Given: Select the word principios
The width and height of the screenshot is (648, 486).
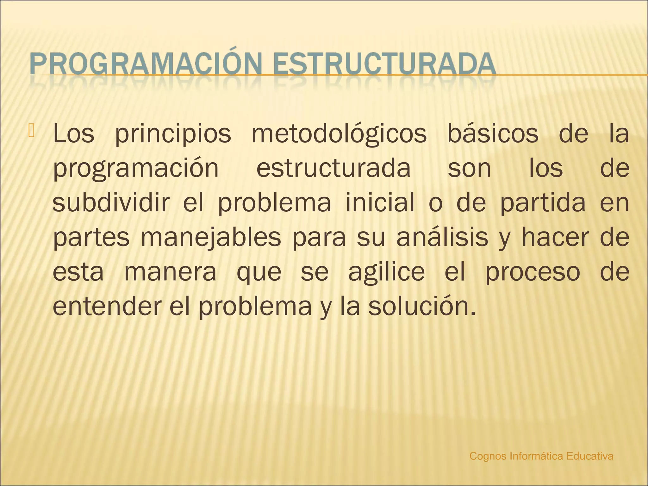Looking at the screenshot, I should pyautogui.click(x=173, y=134).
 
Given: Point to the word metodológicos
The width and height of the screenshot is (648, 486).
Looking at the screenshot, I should pyautogui.click(x=339, y=134).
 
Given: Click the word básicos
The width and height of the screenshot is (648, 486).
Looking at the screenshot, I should pyautogui.click(x=493, y=134).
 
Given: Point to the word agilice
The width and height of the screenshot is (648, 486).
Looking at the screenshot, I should pyautogui.click(x=387, y=272).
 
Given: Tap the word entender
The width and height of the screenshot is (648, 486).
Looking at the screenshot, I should pyautogui.click(x=107, y=306).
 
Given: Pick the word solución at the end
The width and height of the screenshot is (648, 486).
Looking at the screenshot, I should pyautogui.click(x=421, y=306).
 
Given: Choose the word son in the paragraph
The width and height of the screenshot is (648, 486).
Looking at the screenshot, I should pyautogui.click(x=469, y=168).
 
